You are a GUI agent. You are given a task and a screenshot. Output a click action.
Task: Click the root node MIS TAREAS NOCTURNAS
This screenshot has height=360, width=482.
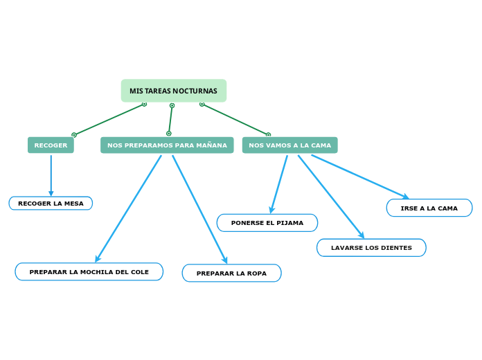coord(173,91)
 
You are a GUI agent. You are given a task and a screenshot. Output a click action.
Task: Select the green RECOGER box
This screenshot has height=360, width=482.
coord(51,145)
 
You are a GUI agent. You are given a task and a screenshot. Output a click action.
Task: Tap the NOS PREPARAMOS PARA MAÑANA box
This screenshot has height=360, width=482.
coord(167,145)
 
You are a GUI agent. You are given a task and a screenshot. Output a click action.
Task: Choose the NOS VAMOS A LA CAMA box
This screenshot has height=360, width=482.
coord(289,145)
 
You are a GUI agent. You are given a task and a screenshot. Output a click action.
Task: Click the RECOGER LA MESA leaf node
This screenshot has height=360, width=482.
coord(51,204)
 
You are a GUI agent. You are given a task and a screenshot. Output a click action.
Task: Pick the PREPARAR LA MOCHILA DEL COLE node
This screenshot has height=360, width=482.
coord(89,272)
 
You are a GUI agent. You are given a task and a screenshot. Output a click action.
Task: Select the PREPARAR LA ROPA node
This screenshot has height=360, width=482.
coord(231,273)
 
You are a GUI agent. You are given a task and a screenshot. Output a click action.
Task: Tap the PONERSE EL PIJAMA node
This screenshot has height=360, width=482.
coord(267,223)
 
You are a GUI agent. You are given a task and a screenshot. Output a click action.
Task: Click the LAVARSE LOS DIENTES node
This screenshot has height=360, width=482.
coord(371,248)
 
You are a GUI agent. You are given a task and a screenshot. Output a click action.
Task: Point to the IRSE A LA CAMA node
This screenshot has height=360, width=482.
coord(429,208)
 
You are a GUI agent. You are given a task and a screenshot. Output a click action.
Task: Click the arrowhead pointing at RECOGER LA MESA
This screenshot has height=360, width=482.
coord(51,193)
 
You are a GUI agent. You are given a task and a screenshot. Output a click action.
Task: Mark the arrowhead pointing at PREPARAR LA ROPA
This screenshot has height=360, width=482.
coord(224,260)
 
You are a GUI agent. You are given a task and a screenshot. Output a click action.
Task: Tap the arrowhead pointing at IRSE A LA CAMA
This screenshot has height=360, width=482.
coord(406,197)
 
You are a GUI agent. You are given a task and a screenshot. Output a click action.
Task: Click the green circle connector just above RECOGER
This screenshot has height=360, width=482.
coord(74,135)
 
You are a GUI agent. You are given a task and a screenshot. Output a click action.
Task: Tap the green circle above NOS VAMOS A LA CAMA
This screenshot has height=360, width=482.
coord(268,135)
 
